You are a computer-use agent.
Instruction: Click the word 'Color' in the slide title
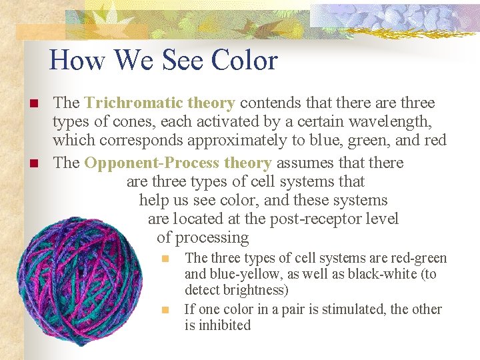(244, 61)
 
